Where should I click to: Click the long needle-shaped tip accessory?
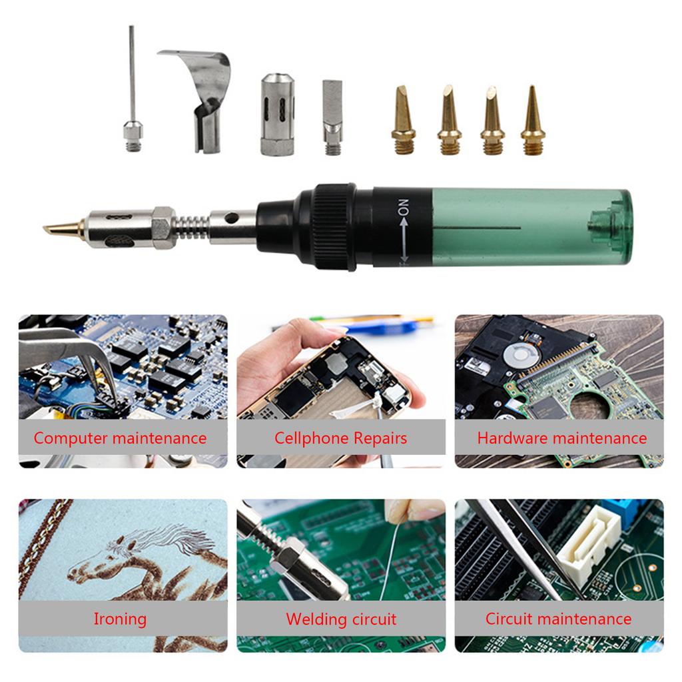[132, 87]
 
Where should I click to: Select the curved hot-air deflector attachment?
[204, 100]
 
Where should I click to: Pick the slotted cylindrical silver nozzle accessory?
[277, 115]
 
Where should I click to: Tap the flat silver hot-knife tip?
[332, 117]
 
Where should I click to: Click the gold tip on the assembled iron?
[63, 228]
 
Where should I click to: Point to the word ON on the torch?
[403, 207]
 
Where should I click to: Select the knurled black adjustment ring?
[335, 227]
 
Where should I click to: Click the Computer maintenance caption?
[120, 438]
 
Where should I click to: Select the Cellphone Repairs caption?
[340, 438]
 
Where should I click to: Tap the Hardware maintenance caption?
[561, 438]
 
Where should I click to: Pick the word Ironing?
[120, 619]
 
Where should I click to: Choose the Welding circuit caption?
[341, 619]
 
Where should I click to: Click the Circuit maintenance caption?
[559, 619]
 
